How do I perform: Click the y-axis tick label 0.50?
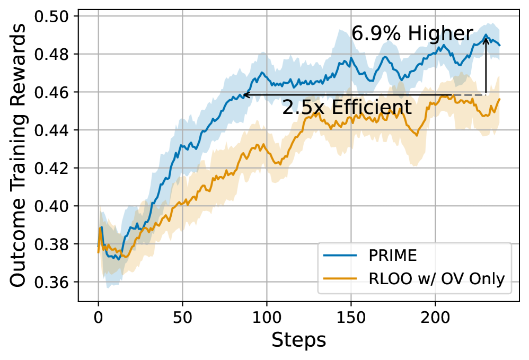click(x=54, y=16)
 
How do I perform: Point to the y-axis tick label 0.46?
click(x=54, y=92)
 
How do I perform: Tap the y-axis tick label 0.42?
click(x=54, y=168)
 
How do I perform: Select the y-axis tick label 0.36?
click(x=54, y=282)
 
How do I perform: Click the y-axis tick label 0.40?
click(x=54, y=206)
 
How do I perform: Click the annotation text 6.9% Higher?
click(x=412, y=34)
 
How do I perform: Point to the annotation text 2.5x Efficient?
click(x=347, y=108)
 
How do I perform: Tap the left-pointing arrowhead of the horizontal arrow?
click(x=243, y=95)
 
